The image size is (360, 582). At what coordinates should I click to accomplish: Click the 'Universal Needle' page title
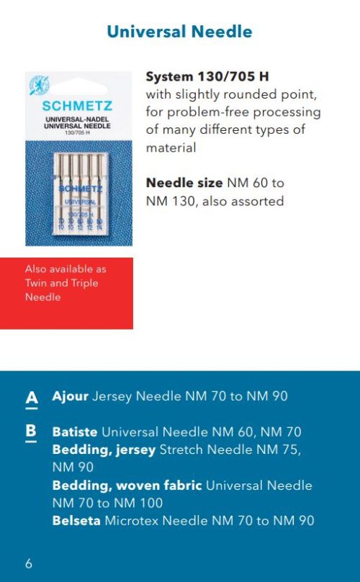[x=179, y=32]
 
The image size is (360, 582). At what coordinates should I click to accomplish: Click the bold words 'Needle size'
[x=184, y=183]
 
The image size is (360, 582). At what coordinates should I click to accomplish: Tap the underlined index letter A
[x=31, y=398]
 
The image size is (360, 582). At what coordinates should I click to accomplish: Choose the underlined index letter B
[x=31, y=432]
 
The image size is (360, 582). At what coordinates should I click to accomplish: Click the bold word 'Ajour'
[x=71, y=396]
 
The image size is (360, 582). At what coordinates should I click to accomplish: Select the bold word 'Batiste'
[x=75, y=432]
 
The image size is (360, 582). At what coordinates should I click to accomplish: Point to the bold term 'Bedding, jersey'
[x=104, y=450]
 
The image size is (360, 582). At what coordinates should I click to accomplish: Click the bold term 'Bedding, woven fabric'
[x=127, y=485]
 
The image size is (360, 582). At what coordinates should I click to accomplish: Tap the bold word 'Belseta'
[x=76, y=520]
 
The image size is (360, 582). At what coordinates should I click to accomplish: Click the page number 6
[x=29, y=563]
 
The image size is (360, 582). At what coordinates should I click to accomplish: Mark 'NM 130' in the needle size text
[x=169, y=201]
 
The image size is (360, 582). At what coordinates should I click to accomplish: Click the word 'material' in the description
[x=171, y=147]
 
